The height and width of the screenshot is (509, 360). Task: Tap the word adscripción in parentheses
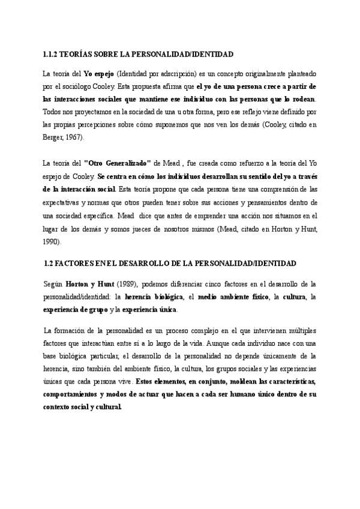tap(179, 73)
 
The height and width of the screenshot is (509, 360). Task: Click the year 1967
tap(72, 137)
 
